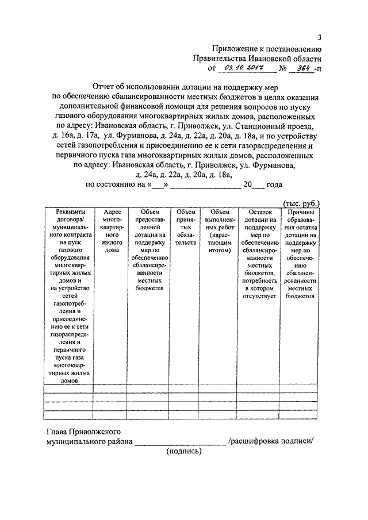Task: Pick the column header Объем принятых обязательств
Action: (186, 227)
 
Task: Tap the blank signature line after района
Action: (179, 442)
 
